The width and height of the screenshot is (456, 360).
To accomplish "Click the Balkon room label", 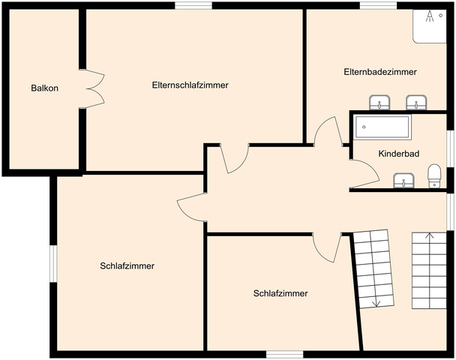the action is tap(44, 88).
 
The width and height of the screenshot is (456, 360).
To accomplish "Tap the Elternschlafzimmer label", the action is tap(190, 85).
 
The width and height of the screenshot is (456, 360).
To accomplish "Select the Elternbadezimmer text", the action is tap(380, 72).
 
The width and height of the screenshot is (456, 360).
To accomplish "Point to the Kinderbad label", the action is tap(399, 154).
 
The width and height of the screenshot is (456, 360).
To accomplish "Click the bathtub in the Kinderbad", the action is tap(382, 127).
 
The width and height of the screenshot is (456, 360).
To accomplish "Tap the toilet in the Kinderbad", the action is tap(434, 176).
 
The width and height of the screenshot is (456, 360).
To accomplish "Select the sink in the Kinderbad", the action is tap(403, 180).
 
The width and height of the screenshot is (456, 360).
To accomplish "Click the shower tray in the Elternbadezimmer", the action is tap(430, 26).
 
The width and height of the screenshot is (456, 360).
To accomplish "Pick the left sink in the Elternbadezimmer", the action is tap(379, 102).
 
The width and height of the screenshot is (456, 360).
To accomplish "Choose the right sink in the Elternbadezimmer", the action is tap(416, 102).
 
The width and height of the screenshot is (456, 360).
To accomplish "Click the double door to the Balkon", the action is tap(92, 88).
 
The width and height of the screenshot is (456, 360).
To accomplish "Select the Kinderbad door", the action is tap(364, 174).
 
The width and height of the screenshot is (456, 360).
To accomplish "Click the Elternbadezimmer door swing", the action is tap(328, 130).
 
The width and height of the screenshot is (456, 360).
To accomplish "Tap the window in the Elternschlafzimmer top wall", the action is tap(193, 5).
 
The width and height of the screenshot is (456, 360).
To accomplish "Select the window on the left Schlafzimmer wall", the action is tap(53, 263).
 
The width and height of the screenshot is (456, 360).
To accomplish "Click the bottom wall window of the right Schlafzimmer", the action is tap(285, 354).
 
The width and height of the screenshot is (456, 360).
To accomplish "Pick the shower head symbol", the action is tap(430, 16).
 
